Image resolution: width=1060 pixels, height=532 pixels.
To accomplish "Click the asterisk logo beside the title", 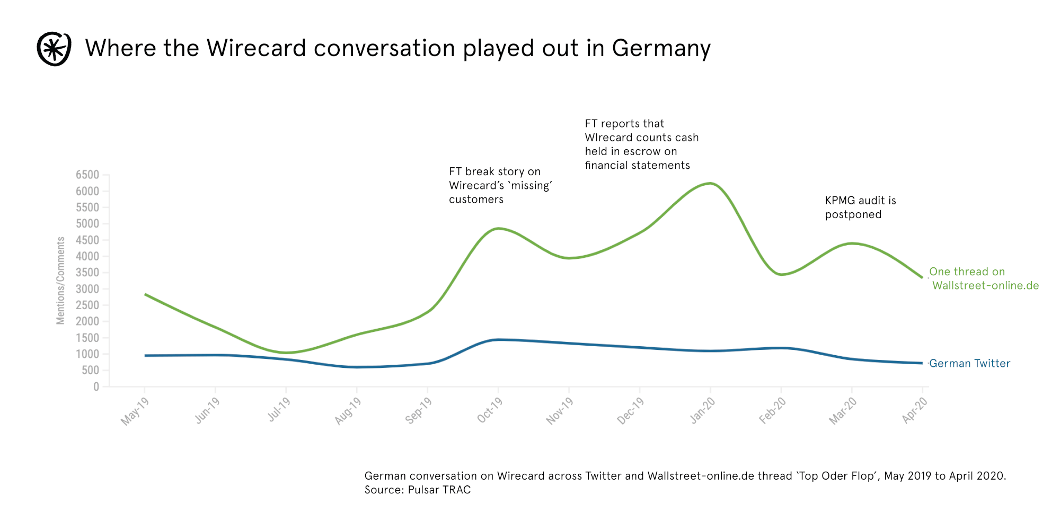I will tap(54, 49).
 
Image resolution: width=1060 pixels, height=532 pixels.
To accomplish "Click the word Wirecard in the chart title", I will tap(257, 48).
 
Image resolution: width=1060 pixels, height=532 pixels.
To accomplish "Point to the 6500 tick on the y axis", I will tap(87, 175).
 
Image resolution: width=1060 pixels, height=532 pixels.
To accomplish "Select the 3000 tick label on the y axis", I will tap(87, 289).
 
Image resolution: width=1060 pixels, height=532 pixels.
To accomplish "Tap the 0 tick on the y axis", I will tap(96, 387).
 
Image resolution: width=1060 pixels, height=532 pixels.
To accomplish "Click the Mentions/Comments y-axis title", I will tap(61, 281).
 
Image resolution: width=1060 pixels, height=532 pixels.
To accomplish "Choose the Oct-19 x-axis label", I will tap(489, 411).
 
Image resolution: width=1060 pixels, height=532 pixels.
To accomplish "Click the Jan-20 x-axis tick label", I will tap(702, 411).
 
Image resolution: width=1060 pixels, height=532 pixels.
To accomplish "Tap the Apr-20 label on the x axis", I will tap(914, 411).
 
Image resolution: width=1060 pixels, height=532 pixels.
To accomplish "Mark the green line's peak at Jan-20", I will tap(710, 184).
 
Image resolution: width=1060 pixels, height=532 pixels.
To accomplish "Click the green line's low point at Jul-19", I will tap(286, 353).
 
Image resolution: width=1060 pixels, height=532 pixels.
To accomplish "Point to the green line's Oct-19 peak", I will tap(498, 229).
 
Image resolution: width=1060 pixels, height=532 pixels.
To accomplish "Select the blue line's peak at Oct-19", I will tap(498, 340).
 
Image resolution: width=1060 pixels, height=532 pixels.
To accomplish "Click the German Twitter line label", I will tap(969, 364).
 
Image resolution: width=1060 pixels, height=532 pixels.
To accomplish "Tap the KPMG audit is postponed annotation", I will tap(860, 208).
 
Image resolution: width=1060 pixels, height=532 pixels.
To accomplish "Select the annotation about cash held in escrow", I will tap(641, 145).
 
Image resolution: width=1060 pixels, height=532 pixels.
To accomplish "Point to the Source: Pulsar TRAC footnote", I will tap(417, 490).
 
